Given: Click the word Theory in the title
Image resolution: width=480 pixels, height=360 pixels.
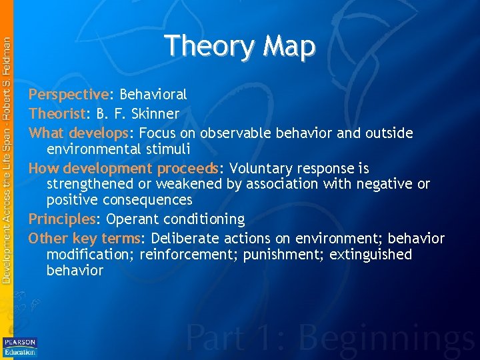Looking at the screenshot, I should click(209, 47).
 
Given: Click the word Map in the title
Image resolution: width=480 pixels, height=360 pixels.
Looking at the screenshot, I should click(289, 47).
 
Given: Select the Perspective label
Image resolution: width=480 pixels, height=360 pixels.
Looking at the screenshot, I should click(68, 95).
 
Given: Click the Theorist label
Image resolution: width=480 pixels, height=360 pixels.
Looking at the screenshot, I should click(57, 114).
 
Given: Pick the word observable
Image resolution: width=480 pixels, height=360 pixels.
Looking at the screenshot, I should click(237, 133).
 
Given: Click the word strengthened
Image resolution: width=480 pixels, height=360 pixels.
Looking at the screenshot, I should click(91, 184).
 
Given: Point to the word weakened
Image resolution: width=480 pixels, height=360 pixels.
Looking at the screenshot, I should click(190, 184).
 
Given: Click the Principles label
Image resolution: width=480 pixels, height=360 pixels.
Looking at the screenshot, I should click(62, 219).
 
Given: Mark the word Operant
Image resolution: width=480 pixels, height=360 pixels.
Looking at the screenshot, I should click(132, 219).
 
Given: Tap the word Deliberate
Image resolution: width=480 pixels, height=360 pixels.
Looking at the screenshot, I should click(183, 239).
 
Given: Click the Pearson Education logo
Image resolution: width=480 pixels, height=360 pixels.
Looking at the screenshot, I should click(20, 347).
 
